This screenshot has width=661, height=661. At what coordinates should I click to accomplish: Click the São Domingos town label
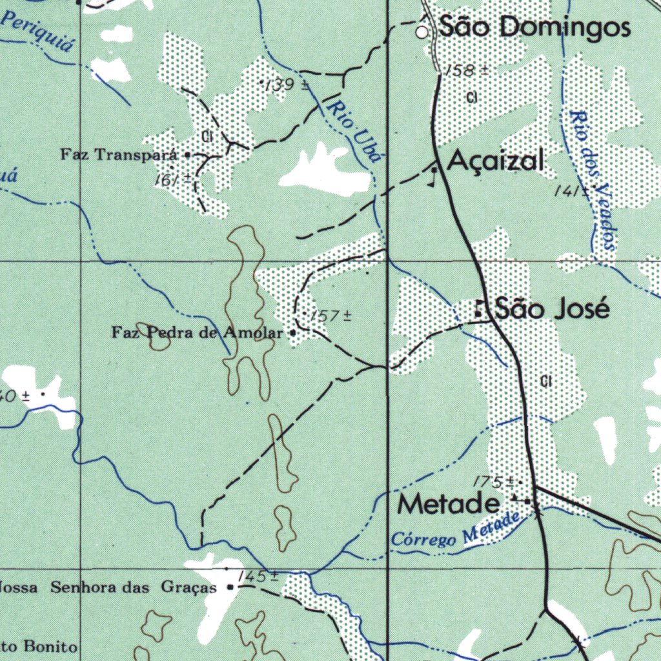click(x=534, y=27)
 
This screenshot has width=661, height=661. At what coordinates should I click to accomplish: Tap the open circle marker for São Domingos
click(x=422, y=32)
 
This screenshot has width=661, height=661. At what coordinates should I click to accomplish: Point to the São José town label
click(x=552, y=310)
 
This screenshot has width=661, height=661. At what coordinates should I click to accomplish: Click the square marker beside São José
click(x=480, y=309)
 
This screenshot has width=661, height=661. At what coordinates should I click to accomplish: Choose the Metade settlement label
click(x=449, y=503)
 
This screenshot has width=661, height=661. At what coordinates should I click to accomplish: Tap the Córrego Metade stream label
click(x=456, y=531)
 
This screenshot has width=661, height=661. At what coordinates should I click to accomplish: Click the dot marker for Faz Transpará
click(x=187, y=155)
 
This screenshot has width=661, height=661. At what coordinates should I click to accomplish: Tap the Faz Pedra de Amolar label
click(x=198, y=334)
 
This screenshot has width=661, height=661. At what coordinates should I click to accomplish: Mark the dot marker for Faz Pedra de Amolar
click(x=293, y=333)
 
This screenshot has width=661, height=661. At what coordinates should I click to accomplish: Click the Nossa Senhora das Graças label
click(x=107, y=588)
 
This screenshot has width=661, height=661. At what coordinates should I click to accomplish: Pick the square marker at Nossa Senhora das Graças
click(x=230, y=587)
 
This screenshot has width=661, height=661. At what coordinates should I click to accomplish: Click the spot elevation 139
click(x=284, y=85)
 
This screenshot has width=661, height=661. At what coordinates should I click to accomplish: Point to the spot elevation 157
click(x=329, y=316)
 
